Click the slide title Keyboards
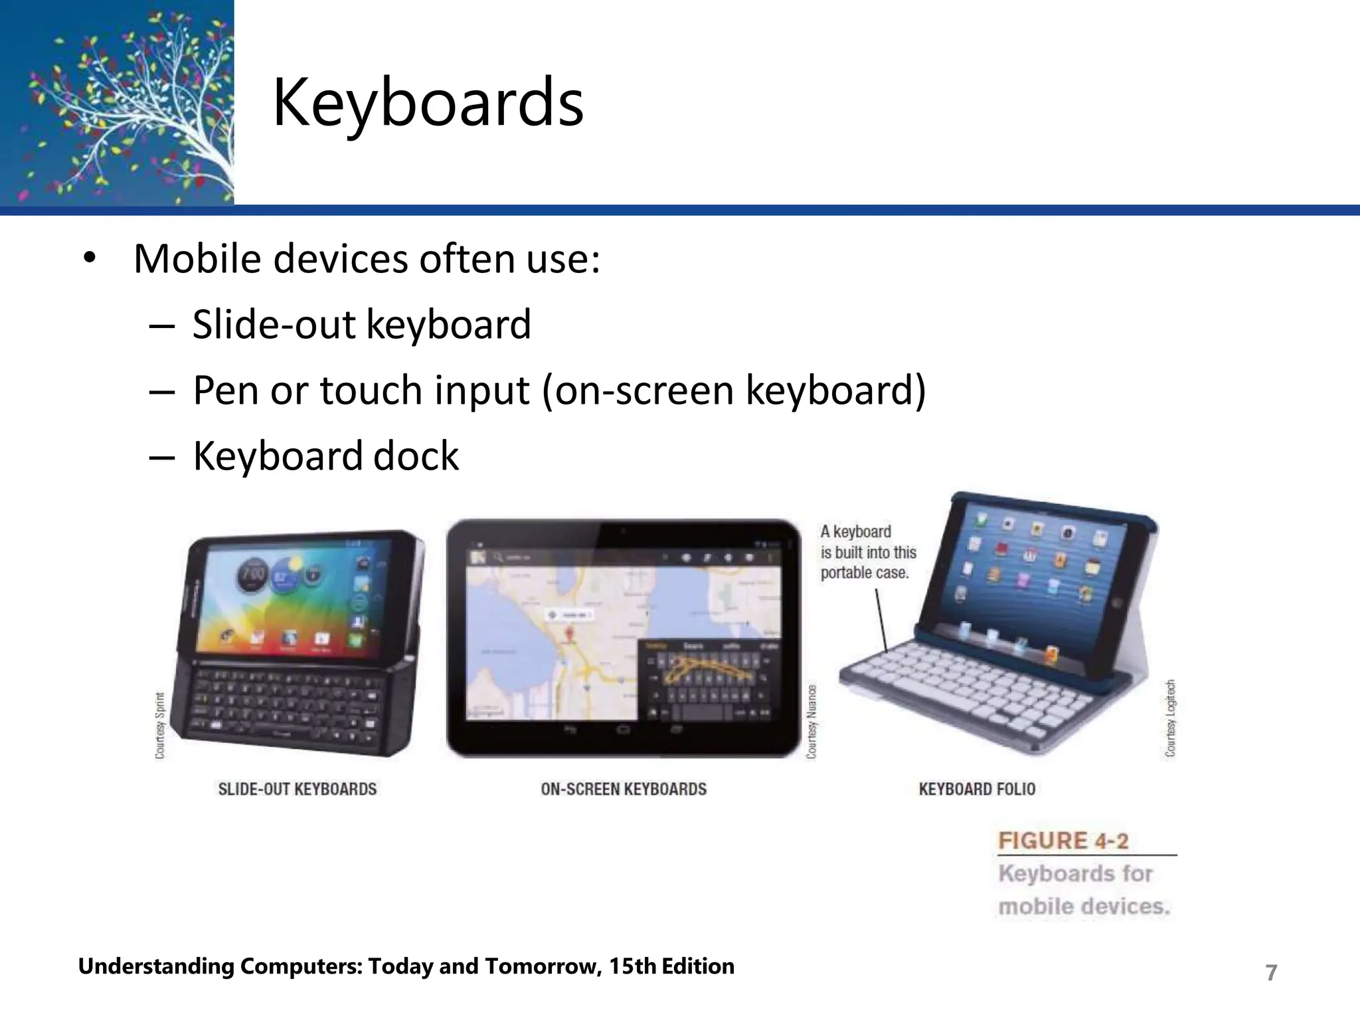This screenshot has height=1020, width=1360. click(428, 103)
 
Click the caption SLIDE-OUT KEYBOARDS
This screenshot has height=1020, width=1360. click(297, 789)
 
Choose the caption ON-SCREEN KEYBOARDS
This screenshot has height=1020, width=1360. click(624, 789)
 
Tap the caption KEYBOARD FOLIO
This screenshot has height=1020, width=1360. click(977, 789)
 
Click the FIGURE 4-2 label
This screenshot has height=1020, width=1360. click(1063, 841)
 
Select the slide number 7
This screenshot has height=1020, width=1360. click(1271, 972)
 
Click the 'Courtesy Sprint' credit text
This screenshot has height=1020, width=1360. click(160, 725)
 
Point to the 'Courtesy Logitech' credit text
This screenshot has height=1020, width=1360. click(1170, 717)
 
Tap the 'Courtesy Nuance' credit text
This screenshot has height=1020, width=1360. click(811, 721)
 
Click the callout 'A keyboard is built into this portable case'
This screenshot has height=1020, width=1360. click(867, 552)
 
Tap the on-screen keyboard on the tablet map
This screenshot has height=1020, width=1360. click(708, 679)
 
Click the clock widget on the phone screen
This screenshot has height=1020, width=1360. click(252, 572)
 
